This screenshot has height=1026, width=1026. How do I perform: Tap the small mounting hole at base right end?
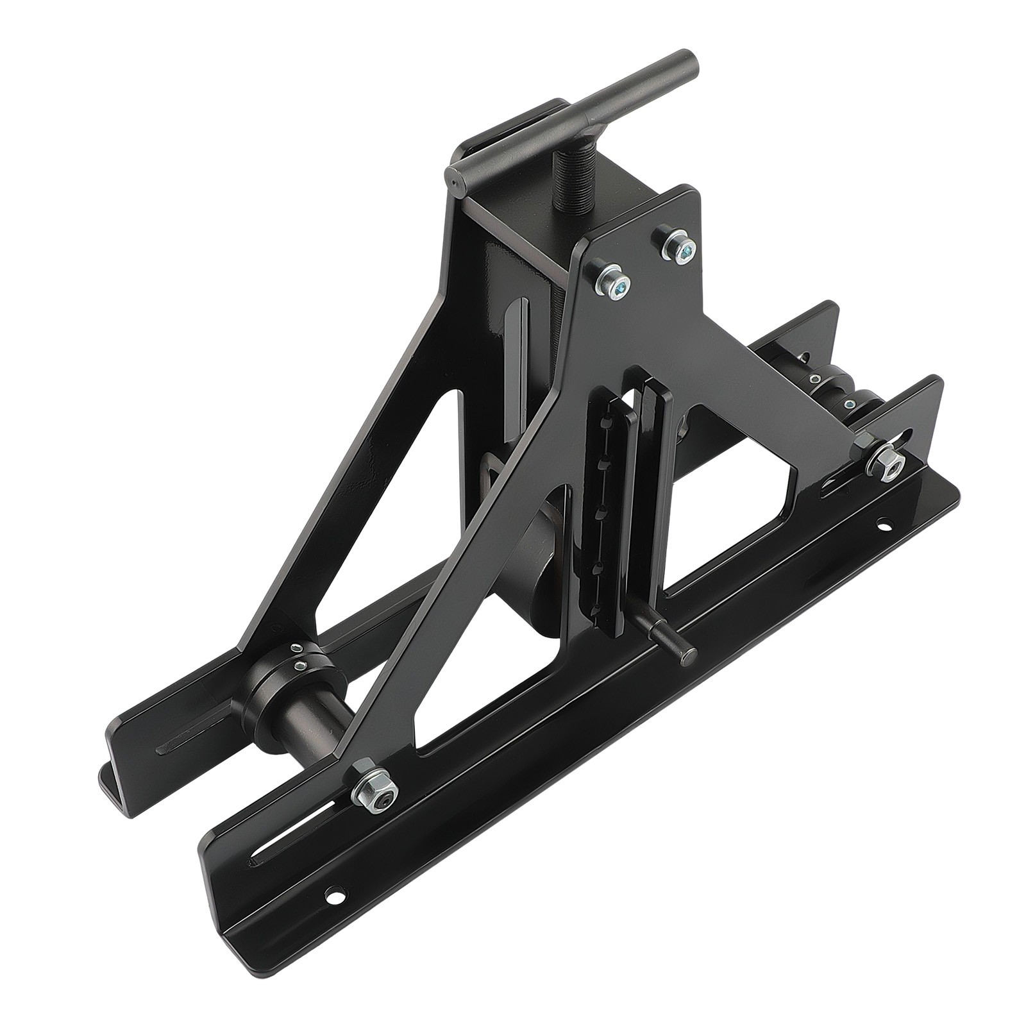(886, 525)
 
